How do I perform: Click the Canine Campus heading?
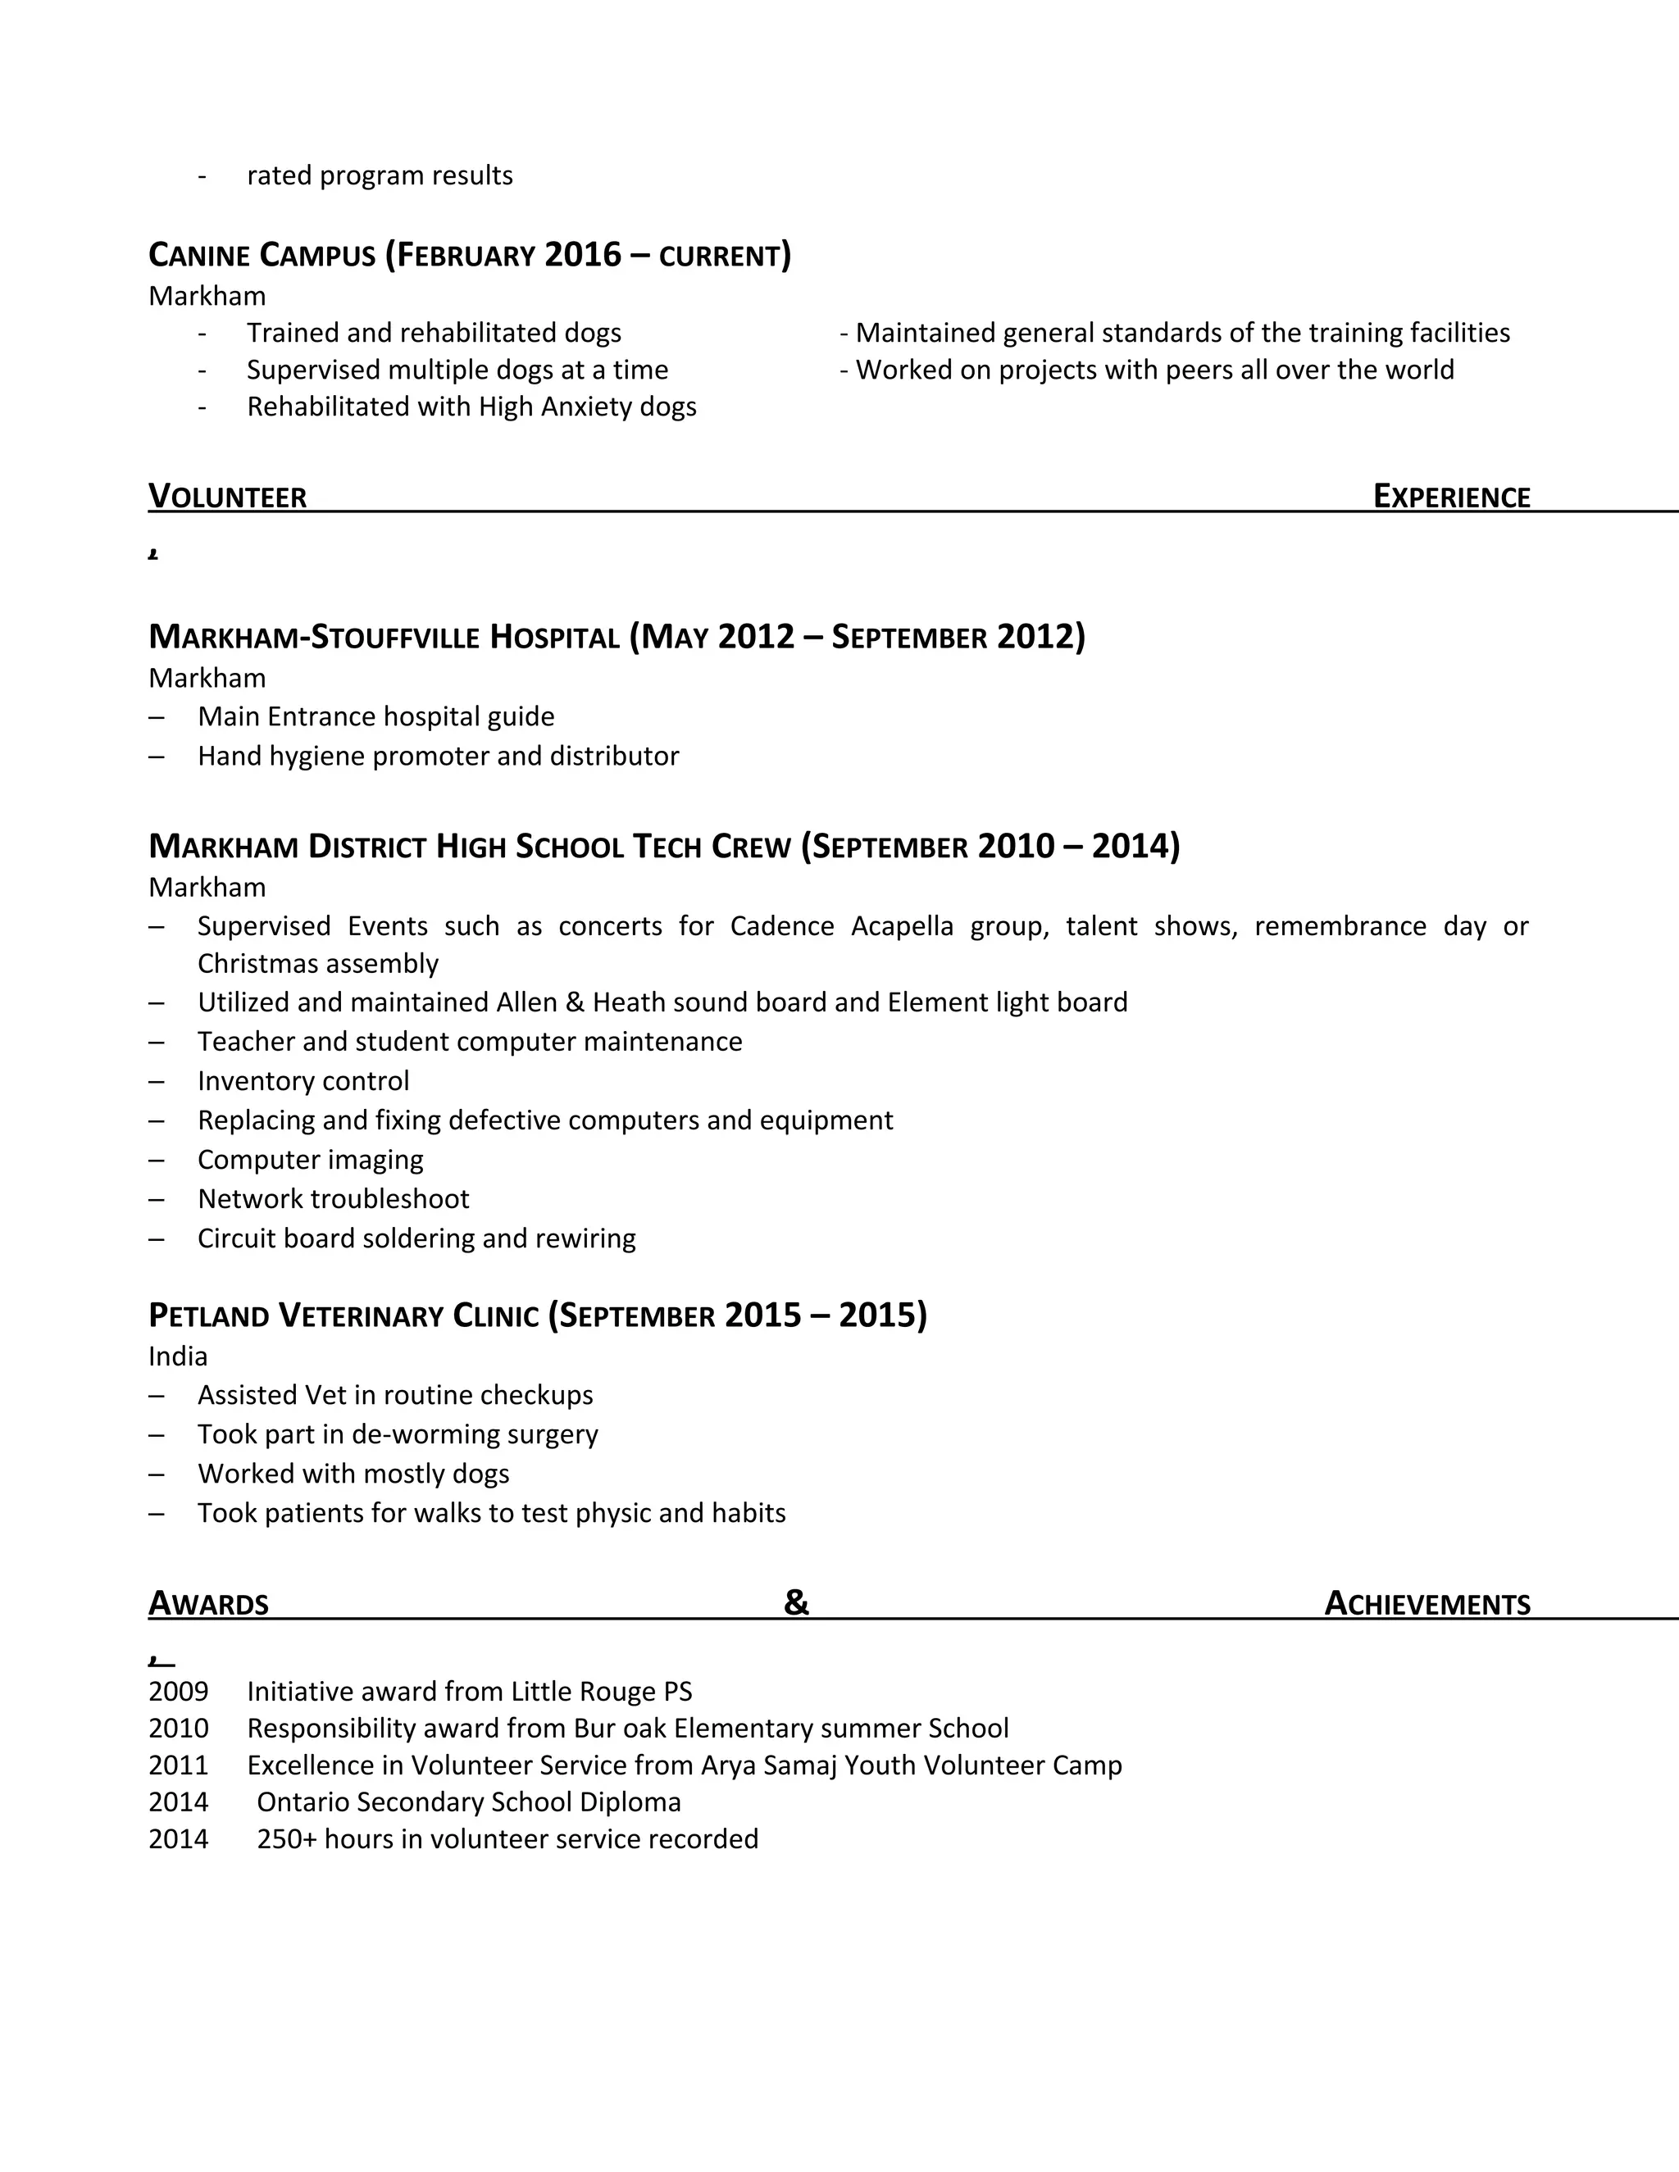(470, 256)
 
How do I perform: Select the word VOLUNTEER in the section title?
(228, 496)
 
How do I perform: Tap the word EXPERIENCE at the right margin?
(1451, 496)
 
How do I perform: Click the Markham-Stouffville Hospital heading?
(617, 637)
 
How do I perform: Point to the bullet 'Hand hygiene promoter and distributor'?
(438, 756)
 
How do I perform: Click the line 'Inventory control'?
(303, 1081)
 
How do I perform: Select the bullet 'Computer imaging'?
(311, 1160)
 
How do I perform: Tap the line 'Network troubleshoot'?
(333, 1199)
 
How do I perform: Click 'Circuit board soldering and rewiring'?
(416, 1238)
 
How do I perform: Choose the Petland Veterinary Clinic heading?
(537, 1315)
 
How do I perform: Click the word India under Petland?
(178, 1356)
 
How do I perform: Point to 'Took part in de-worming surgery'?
(398, 1434)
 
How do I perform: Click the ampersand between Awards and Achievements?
(797, 1602)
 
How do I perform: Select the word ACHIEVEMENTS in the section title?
(1427, 1604)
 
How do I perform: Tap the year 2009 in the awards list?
(179, 1692)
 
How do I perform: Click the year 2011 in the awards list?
(179, 1765)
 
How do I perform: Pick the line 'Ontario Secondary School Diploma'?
(468, 1802)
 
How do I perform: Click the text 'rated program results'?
(380, 176)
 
